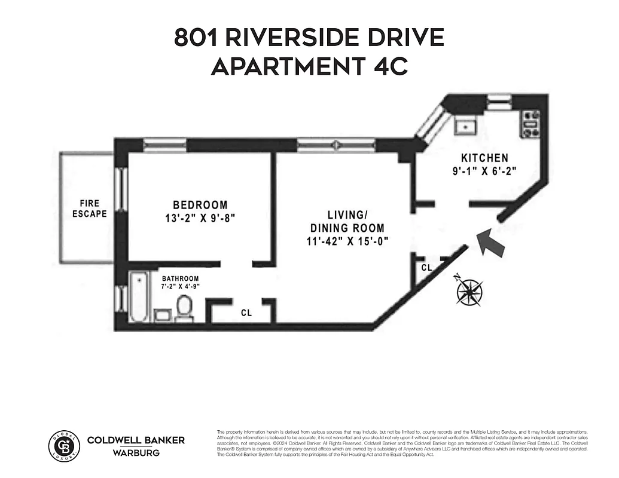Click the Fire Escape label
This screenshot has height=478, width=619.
pos(90,209)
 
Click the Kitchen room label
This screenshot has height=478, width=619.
pos(484,158)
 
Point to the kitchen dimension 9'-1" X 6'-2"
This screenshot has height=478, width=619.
pos(484,170)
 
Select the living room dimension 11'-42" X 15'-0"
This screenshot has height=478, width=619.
pos(346,241)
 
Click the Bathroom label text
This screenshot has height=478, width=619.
pos(180,278)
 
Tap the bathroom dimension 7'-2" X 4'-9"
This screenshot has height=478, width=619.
pos(180,287)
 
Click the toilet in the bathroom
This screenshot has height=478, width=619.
pos(184,308)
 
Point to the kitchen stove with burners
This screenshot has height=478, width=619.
pos(531,124)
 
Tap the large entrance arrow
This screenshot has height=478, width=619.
pos(491,241)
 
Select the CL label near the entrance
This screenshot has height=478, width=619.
pos(426,268)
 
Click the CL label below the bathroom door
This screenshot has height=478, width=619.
pos(246,312)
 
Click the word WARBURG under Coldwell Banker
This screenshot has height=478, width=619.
pos(136,452)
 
